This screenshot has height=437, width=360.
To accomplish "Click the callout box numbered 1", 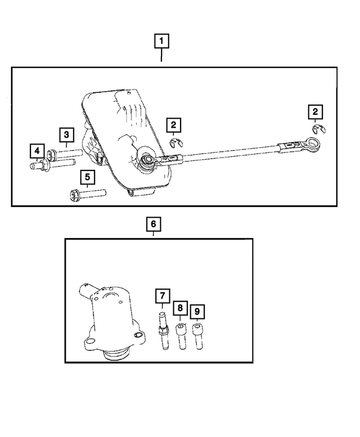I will [x=161, y=42].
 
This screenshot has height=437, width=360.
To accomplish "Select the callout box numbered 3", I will [x=66, y=134].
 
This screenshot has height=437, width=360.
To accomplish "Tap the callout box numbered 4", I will [x=37, y=151].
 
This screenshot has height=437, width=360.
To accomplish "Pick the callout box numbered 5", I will [x=87, y=178].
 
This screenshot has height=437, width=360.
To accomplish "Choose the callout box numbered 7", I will [x=161, y=295].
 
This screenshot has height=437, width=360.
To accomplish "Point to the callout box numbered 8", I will [x=180, y=308].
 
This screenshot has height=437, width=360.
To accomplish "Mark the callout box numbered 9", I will [x=197, y=310].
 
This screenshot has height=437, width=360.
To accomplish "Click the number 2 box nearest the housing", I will [x=173, y=124].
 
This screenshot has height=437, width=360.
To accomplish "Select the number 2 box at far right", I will [x=316, y=112].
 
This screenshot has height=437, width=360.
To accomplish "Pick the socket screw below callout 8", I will [x=180, y=336].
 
